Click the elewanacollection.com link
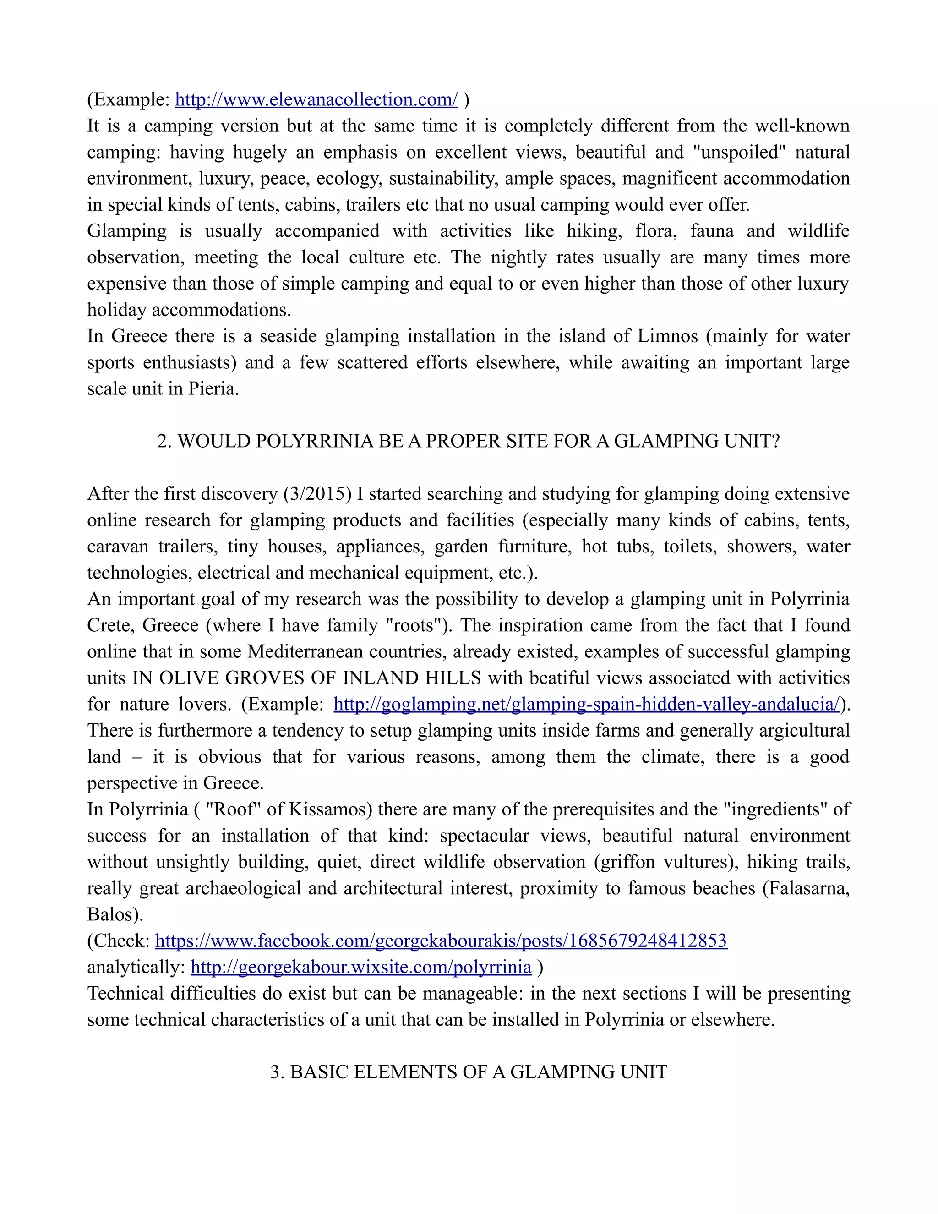tap(316, 100)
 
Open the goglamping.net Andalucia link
tap(586, 704)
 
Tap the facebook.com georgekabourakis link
tap(441, 941)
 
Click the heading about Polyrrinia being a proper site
tap(469, 441)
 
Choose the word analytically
tap(136, 967)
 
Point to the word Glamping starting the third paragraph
tap(127, 231)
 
